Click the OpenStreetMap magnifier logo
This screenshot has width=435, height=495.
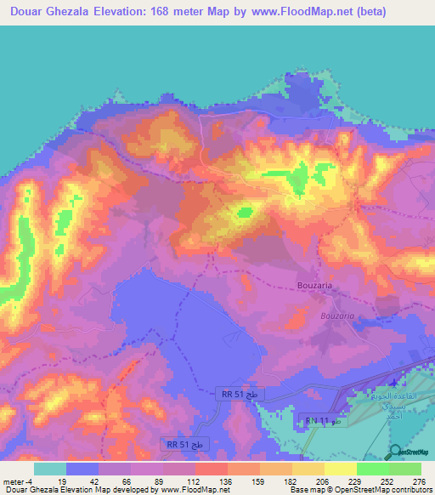(395, 451)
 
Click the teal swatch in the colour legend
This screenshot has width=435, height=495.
(50, 469)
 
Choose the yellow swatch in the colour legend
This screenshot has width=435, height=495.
(340, 469)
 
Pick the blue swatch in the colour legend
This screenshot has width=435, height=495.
(82, 469)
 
